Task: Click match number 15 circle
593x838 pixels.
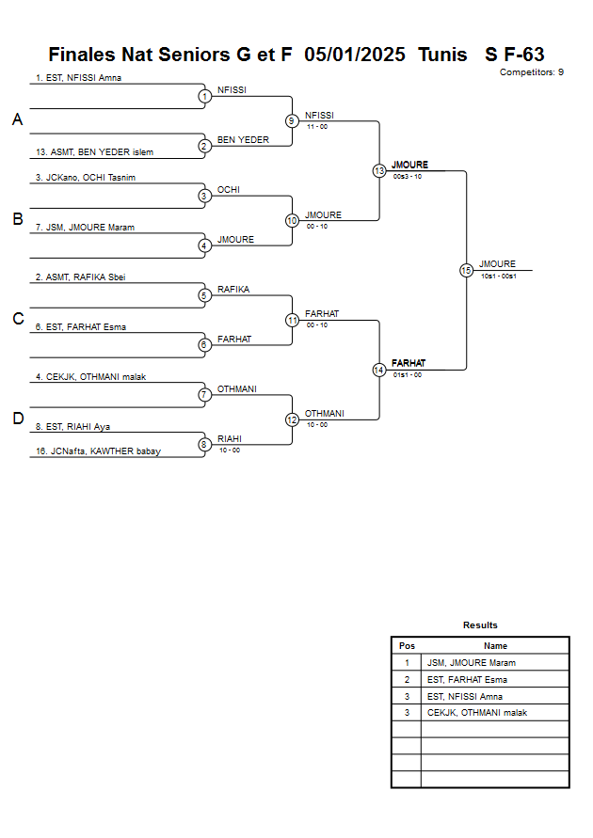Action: (466, 270)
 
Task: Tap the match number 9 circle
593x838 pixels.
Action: (292, 120)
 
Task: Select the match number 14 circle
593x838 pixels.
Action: (378, 370)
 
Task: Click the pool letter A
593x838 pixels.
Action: (17, 119)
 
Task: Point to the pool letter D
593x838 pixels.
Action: (17, 419)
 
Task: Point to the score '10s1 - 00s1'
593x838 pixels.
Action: (498, 276)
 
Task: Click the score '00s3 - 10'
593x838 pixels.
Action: (408, 176)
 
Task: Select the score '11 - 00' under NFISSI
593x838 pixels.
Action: (316, 126)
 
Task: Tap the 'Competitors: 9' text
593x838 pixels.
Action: (531, 72)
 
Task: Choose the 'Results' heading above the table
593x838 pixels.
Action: (480, 625)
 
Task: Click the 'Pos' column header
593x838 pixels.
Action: (407, 646)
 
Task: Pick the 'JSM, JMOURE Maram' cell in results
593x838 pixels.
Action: (471, 663)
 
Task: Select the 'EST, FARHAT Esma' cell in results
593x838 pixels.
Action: (467, 679)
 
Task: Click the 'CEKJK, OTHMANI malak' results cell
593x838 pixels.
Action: (476, 712)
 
